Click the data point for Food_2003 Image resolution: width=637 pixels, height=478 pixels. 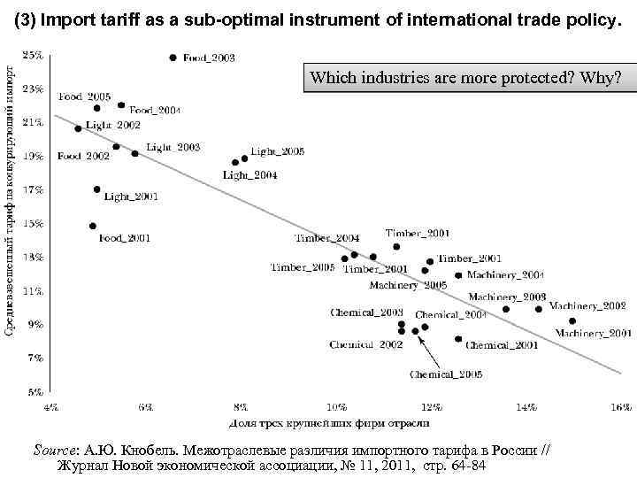click(173, 58)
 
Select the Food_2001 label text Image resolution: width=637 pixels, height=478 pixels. click(124, 237)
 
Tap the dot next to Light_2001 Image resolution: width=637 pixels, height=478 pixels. click(96, 189)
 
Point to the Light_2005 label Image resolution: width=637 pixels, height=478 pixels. click(277, 152)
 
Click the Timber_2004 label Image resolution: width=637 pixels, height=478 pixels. click(326, 238)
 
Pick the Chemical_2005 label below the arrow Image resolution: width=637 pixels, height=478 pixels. click(445, 374)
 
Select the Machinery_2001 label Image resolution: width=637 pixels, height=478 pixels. click(593, 333)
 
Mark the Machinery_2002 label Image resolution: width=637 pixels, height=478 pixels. click(587, 305)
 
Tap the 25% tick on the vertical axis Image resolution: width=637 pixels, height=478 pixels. click(33, 55)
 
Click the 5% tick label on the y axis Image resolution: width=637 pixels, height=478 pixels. click(35, 390)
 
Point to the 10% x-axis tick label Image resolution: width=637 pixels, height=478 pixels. click(336, 407)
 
